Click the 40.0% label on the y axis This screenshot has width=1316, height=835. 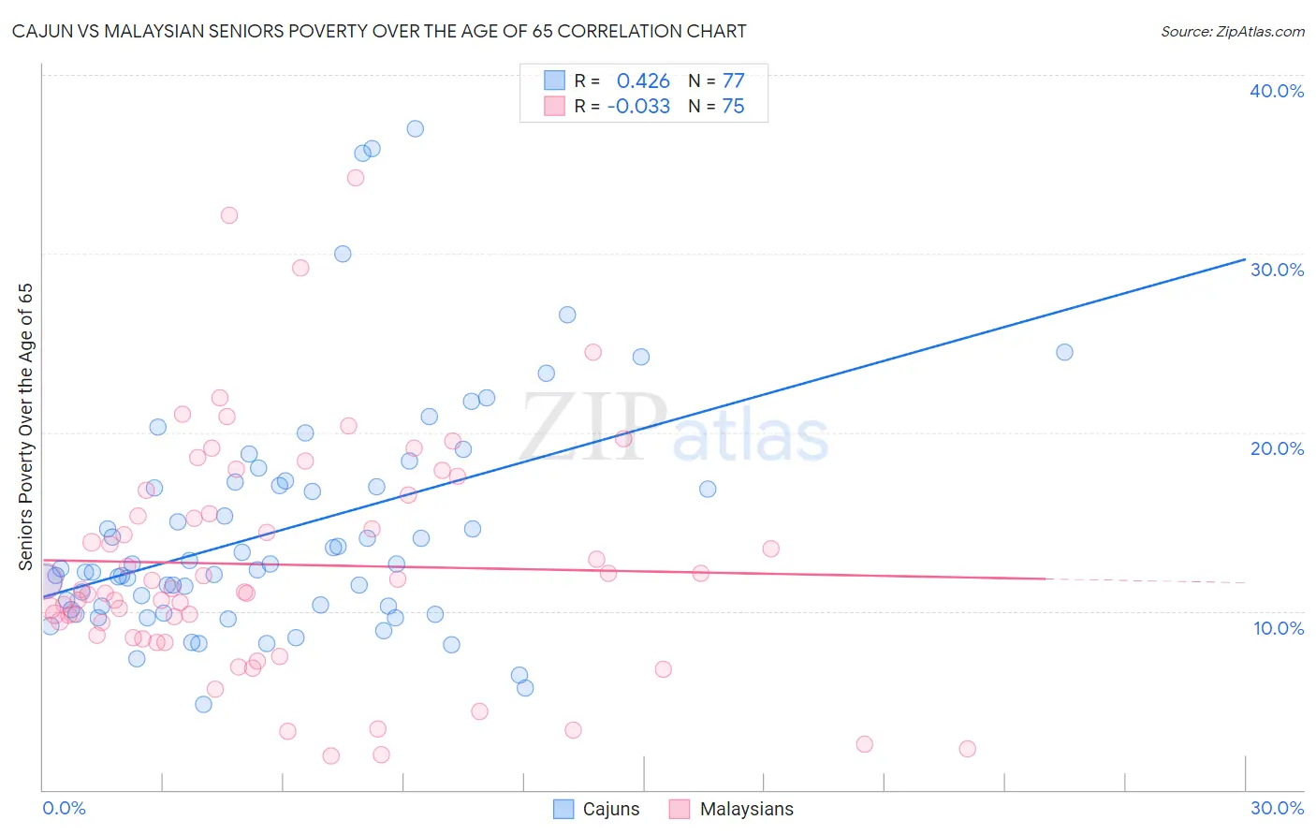pos(1277,91)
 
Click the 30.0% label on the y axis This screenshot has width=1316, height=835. pos(1277,270)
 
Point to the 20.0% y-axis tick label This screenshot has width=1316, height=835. pos(1277,448)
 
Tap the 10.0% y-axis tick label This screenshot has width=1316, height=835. pos(1279,628)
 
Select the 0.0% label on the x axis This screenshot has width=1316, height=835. pos(64,808)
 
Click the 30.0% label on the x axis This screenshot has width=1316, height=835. pos(1277,808)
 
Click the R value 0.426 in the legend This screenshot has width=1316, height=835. pos(643,81)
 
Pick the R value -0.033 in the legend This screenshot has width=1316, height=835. pos(638,107)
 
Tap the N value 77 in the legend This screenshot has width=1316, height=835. pos(733,81)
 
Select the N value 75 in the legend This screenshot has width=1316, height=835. pos(733,107)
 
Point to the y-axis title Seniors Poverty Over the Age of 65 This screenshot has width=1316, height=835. pos(25,427)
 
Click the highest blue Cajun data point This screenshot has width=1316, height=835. pos(415,128)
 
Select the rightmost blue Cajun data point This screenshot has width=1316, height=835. pos(1064,352)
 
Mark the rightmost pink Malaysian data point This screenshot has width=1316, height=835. pos(967,749)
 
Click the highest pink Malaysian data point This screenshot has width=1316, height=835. pos(356,178)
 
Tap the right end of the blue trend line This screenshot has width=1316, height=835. pos(1245,259)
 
